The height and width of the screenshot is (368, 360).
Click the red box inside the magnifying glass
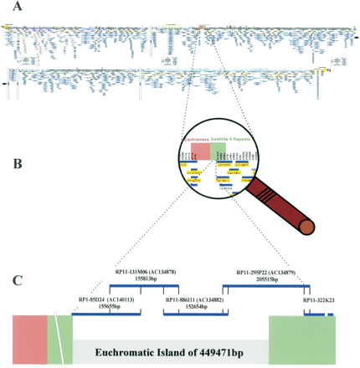tap(199, 151)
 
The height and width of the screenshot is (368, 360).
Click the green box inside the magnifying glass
tap(218, 151)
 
